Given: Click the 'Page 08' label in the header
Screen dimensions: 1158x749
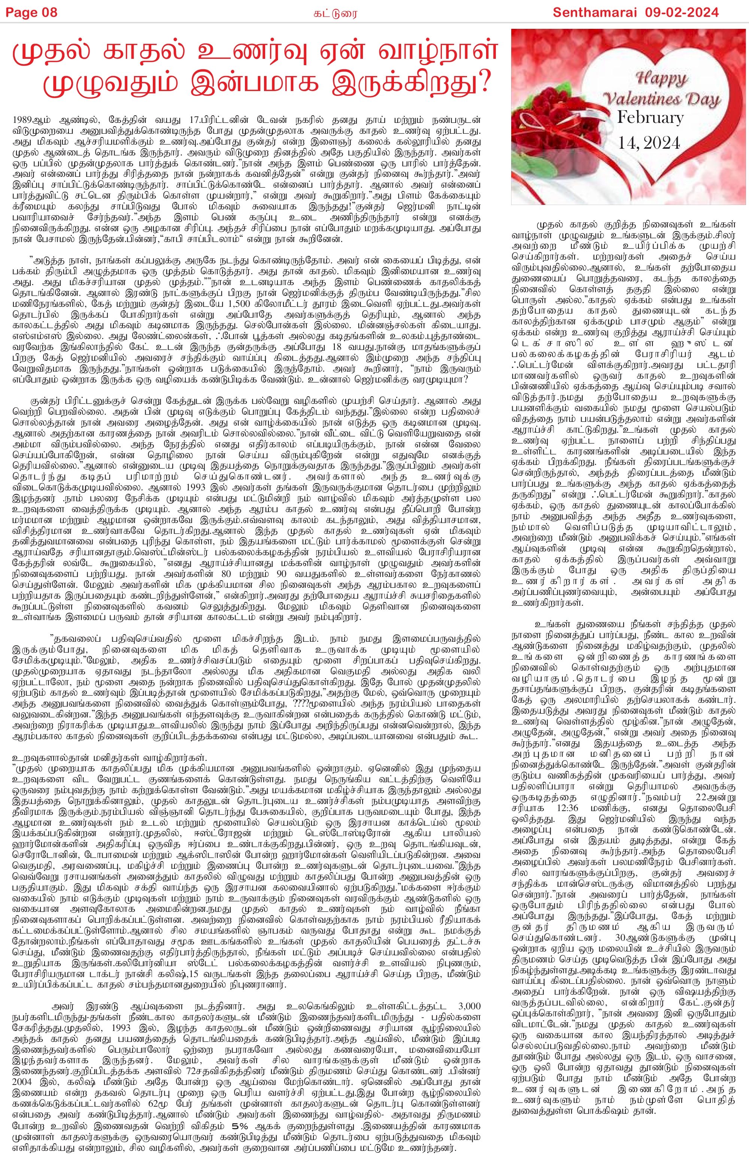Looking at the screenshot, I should pos(31,12).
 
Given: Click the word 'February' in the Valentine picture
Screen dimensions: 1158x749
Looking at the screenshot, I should pos(650,118).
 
